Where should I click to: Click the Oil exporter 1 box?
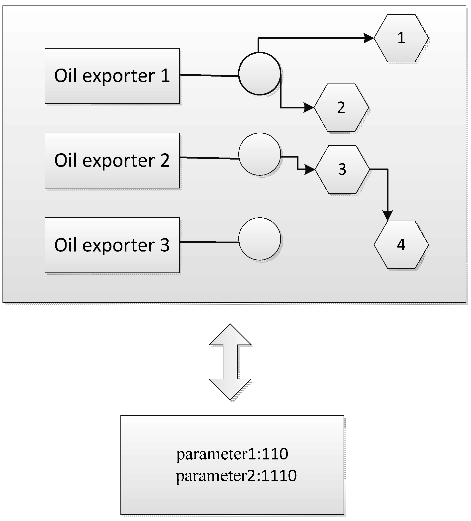112,76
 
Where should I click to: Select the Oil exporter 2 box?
112,161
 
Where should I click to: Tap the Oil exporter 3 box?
112,245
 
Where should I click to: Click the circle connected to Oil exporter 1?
259,74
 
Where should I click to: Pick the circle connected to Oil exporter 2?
259,154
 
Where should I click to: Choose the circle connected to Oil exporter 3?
259,239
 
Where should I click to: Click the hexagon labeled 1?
401,38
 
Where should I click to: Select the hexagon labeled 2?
341,107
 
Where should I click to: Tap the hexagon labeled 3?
342,170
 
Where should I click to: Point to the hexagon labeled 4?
401,245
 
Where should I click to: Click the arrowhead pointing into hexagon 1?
369,38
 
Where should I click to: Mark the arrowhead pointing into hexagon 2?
309,107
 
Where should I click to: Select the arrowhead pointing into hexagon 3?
310,170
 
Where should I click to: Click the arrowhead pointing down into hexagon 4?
387,216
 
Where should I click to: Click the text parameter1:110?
232,454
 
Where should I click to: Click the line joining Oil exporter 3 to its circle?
209,242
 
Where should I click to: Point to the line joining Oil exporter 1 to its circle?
209,76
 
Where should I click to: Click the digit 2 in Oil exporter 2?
165,161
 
